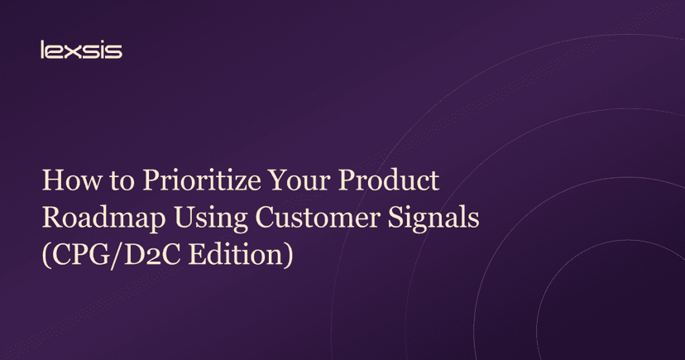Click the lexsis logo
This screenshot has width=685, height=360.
click(x=81, y=50)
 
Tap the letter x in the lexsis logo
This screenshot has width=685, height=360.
click(x=71, y=51)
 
